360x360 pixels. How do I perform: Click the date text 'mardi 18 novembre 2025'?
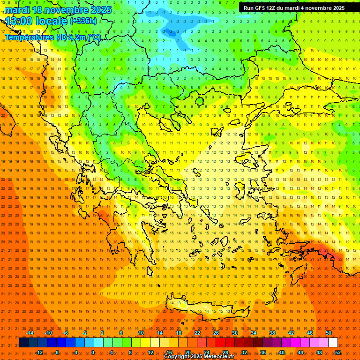(x=59, y=10)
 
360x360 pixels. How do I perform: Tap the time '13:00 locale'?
(x=37, y=21)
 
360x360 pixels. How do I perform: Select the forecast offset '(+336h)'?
(x=83, y=21)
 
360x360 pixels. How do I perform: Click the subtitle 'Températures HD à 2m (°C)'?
(x=52, y=37)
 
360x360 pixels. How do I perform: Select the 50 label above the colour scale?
(x=329, y=333)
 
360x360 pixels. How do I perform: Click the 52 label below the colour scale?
(x=337, y=352)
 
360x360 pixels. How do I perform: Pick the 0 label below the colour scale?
(x=93, y=352)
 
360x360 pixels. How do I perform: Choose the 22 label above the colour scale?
(x=197, y=333)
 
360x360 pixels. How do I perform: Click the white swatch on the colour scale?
(x=333, y=343)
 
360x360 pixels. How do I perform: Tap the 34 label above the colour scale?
(x=254, y=333)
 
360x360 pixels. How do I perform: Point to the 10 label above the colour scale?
(x=141, y=333)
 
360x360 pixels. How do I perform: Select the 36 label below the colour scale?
(x=263, y=352)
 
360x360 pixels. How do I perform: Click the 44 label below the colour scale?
(x=300, y=352)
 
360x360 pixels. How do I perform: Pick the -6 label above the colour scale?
(x=66, y=333)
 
